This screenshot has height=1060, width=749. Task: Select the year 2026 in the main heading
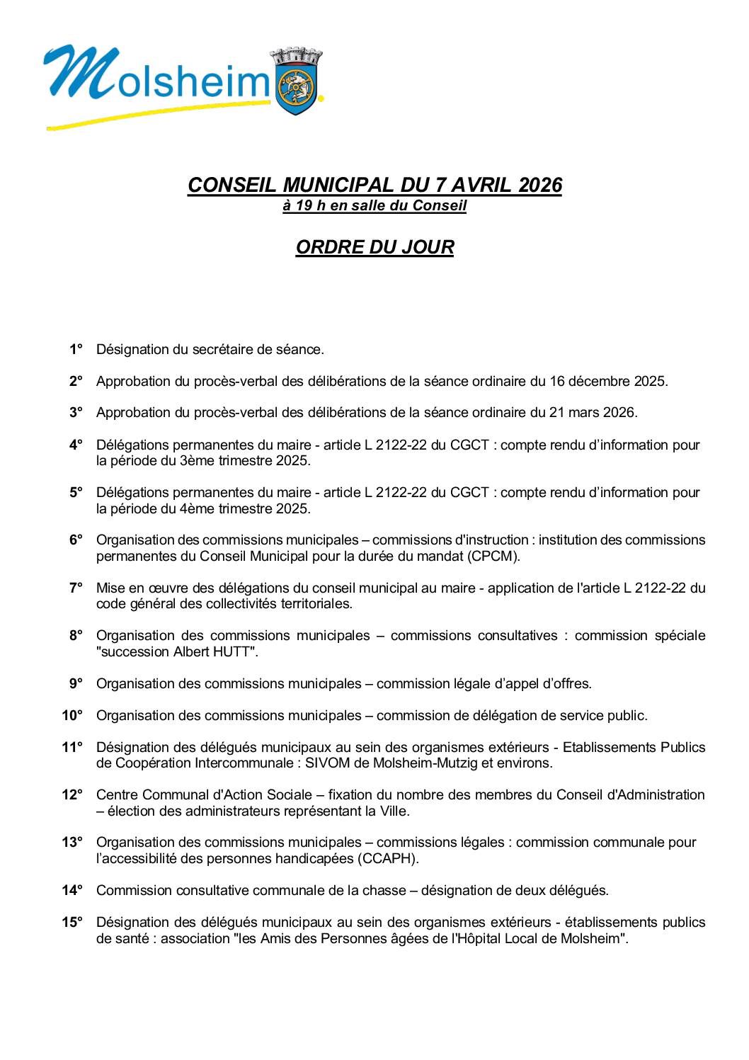[539, 185]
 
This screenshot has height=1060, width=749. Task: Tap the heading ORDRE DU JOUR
[374, 247]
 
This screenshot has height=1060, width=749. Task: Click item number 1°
[76, 349]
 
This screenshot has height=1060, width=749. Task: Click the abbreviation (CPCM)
[493, 556]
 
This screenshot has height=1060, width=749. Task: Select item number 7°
[76, 588]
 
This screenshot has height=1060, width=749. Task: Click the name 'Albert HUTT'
[213, 651]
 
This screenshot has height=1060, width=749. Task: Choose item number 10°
[72, 715]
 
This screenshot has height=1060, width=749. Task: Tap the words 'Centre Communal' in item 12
[142, 794]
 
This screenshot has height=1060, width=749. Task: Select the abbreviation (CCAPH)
[389, 858]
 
